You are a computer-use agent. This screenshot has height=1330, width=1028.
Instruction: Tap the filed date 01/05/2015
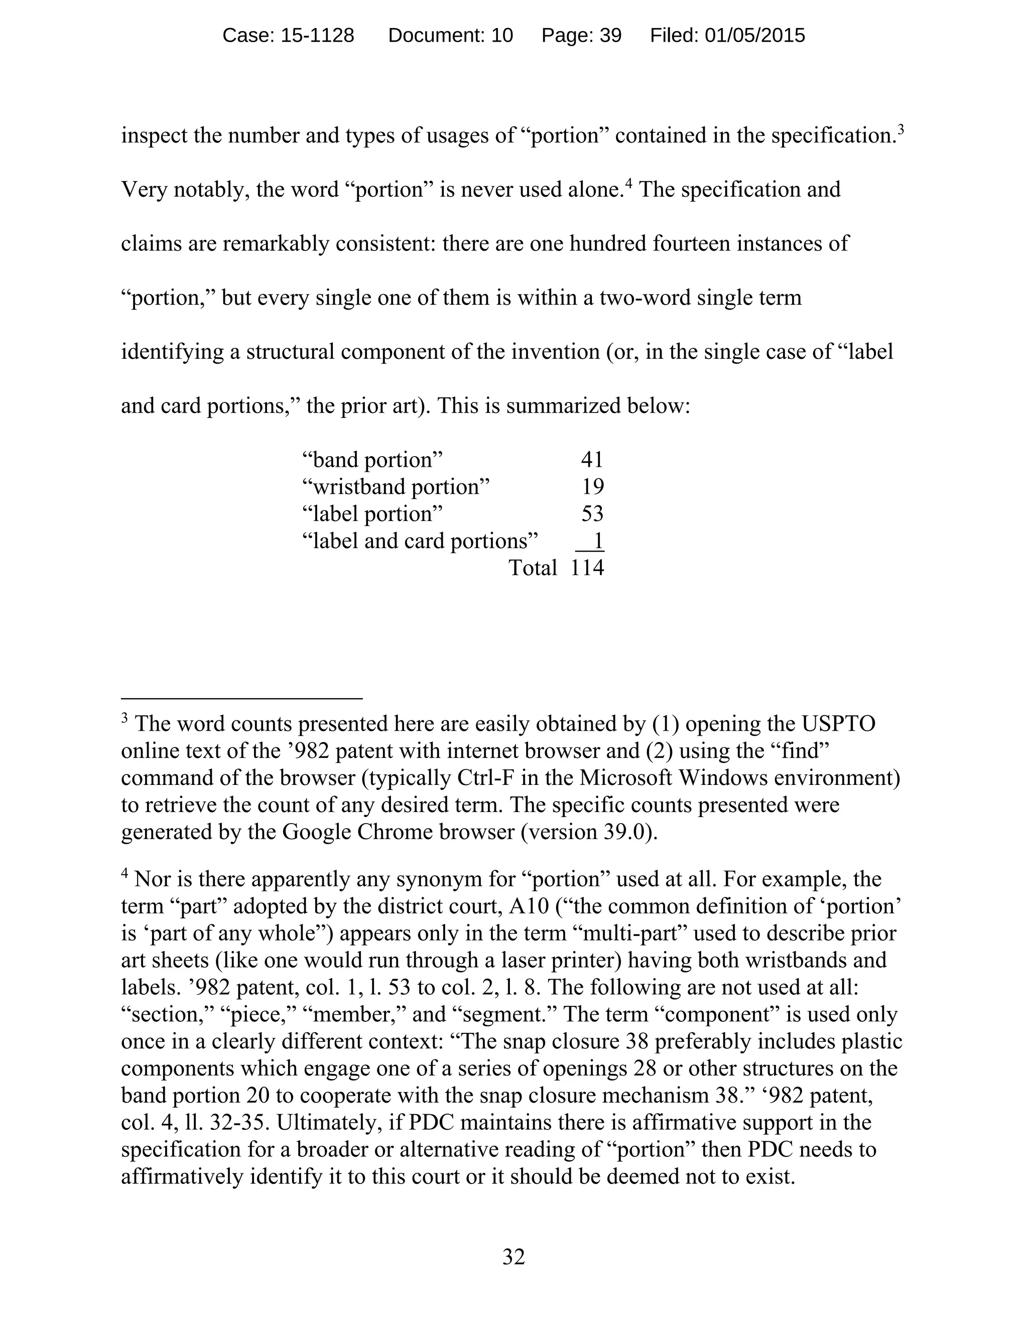click(754, 35)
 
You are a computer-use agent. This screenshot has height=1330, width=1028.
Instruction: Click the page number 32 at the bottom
click(513, 1256)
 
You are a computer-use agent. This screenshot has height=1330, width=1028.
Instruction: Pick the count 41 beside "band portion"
click(591, 460)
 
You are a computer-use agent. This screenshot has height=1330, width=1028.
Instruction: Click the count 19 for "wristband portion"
click(593, 486)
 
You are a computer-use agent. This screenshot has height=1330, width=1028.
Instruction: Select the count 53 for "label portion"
click(591, 513)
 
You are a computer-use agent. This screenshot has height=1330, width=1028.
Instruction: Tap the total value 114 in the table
click(587, 568)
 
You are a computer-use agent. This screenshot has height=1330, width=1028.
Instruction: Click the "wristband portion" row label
click(396, 486)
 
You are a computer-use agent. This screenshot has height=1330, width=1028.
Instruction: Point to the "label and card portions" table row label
click(420, 541)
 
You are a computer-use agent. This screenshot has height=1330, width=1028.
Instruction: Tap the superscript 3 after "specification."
click(901, 129)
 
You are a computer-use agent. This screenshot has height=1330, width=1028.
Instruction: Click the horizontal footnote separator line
click(242, 699)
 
